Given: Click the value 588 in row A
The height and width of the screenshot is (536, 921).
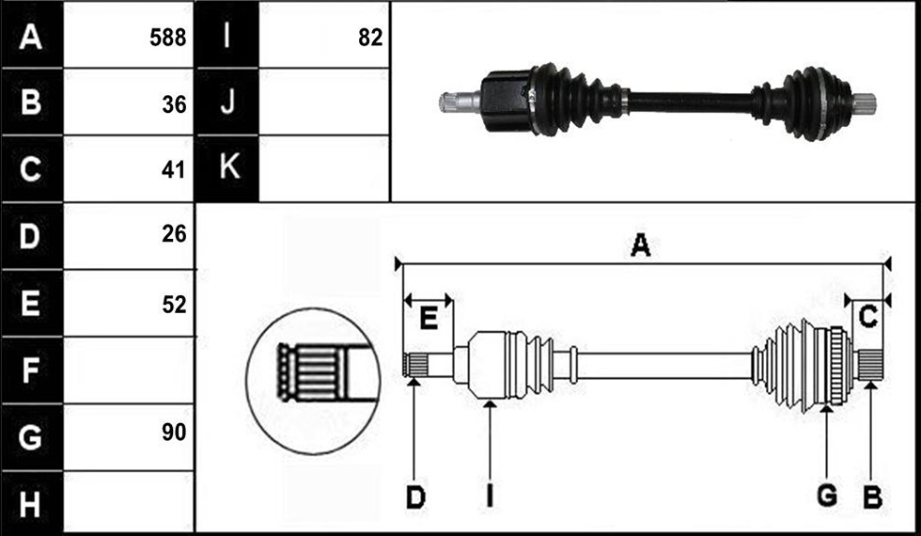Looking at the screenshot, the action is pyautogui.click(x=168, y=39).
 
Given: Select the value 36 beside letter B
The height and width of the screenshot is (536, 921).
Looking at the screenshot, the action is pyautogui.click(x=174, y=104).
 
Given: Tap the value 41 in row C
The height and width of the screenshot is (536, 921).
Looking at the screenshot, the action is pyautogui.click(x=174, y=170).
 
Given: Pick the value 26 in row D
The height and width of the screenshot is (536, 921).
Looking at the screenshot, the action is pyautogui.click(x=174, y=234).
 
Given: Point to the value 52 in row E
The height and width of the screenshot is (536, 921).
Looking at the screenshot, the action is pyautogui.click(x=174, y=305).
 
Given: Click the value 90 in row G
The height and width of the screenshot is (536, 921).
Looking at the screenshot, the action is pyautogui.click(x=174, y=433).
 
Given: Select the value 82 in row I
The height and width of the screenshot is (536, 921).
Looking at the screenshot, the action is pyautogui.click(x=370, y=39).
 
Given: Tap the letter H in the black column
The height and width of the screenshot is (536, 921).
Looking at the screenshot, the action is pyautogui.click(x=30, y=504).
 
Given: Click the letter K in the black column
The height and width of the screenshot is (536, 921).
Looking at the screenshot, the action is pyautogui.click(x=227, y=167).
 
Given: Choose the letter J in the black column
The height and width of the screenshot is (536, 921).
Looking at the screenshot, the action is pyautogui.click(x=226, y=102).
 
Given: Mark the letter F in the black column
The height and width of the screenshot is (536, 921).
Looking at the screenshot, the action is pyautogui.click(x=29, y=370).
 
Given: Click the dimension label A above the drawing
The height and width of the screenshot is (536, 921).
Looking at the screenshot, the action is pyautogui.click(x=640, y=245).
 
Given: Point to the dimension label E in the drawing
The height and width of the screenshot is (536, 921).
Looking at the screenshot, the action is pyautogui.click(x=429, y=319).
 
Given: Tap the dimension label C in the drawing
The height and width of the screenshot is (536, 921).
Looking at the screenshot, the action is pyautogui.click(x=867, y=318).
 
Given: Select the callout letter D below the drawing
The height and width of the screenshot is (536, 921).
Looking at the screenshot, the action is pyautogui.click(x=415, y=497).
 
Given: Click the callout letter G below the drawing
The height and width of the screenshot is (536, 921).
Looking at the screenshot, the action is pyautogui.click(x=827, y=497).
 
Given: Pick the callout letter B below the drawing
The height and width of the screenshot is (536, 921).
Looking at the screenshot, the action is pyautogui.click(x=872, y=497).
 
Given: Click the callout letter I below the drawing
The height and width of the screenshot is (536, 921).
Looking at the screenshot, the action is pyautogui.click(x=490, y=497).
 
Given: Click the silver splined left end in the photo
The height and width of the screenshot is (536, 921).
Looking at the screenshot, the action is pyautogui.click(x=460, y=102).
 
